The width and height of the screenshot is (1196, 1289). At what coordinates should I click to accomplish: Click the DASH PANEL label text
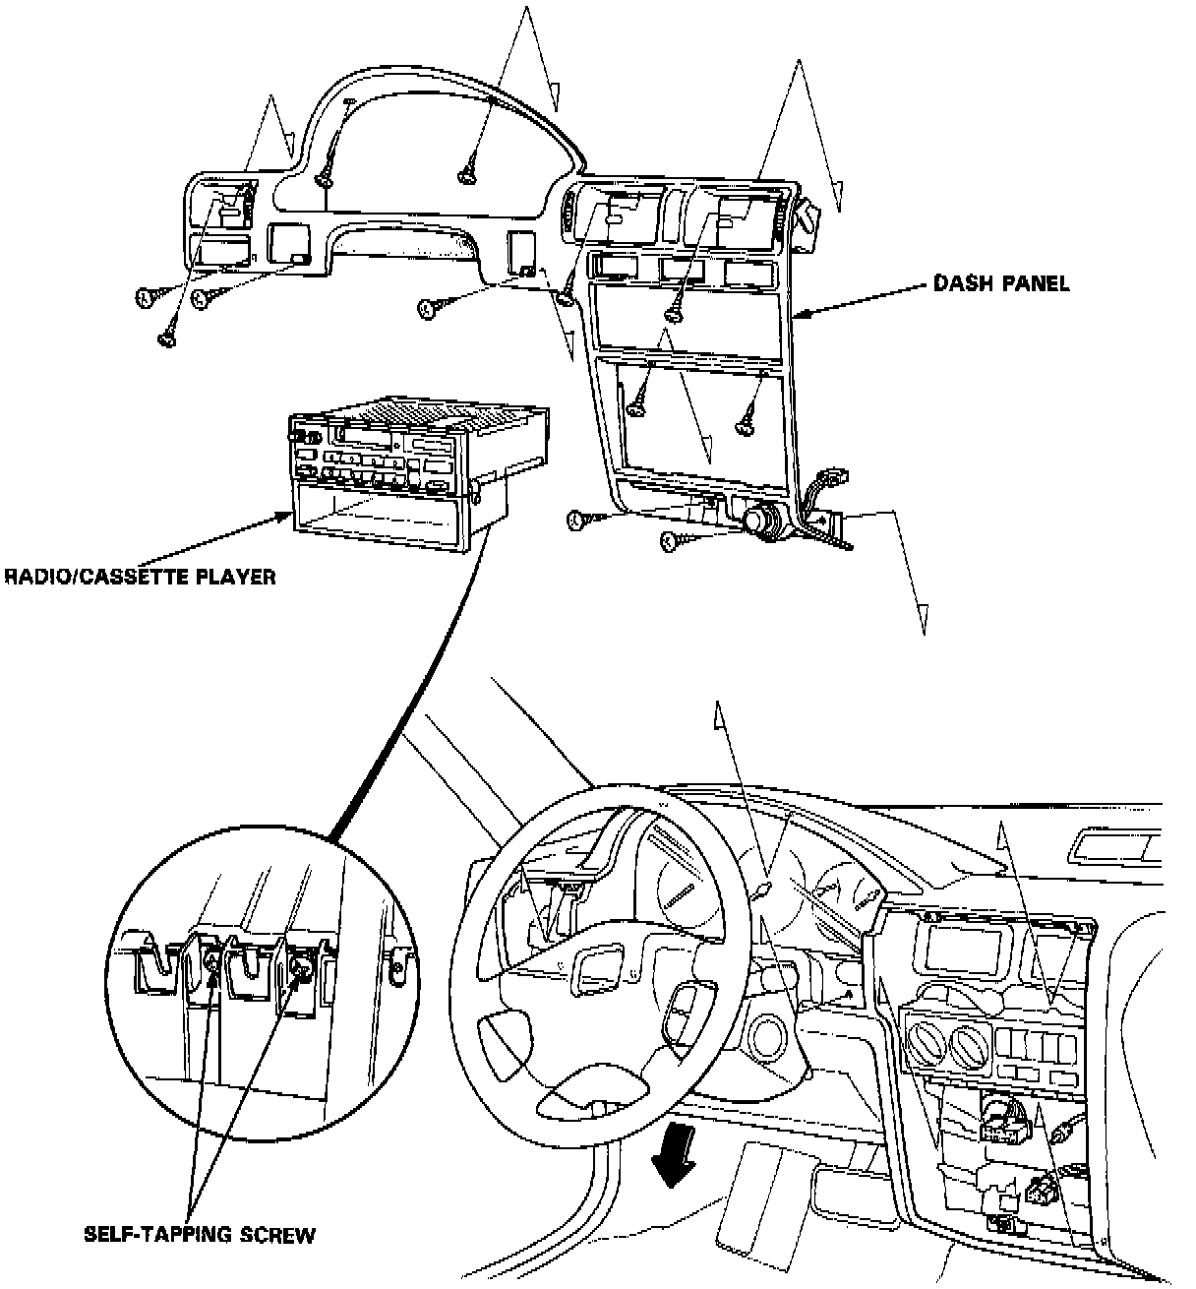[1000, 284]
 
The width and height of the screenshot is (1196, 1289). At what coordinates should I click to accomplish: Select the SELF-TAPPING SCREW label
[200, 1234]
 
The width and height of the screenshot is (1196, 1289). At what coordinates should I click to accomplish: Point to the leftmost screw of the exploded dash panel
[144, 294]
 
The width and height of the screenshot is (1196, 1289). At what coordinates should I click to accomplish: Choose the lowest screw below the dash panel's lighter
[669, 539]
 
